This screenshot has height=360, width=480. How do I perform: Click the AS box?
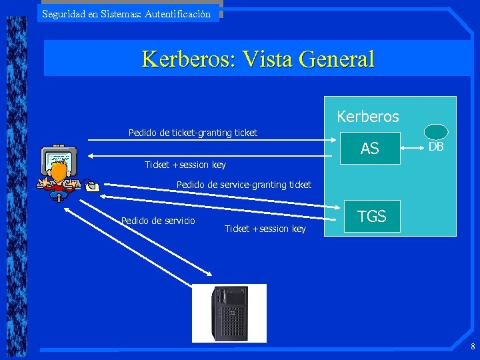[370, 149]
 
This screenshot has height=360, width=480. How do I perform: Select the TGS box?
[372, 216]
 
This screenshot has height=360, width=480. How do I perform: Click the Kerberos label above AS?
[368, 117]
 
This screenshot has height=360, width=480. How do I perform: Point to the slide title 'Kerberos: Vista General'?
[258, 59]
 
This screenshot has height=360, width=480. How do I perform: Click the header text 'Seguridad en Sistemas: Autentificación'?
[126, 13]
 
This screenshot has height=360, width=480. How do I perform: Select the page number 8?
[472, 347]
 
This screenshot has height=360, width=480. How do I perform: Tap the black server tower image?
[229, 313]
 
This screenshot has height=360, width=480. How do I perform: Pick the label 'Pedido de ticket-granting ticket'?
[193, 133]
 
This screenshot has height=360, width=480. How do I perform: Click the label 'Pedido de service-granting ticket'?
[243, 185]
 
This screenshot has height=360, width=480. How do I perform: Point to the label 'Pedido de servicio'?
[158, 221]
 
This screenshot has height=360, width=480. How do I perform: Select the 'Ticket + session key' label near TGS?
[265, 229]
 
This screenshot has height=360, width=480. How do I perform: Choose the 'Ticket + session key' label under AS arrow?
[185, 165]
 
